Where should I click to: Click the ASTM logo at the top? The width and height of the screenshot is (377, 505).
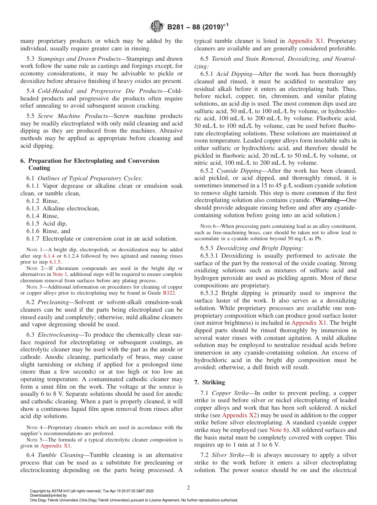156,27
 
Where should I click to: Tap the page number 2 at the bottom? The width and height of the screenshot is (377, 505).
188,488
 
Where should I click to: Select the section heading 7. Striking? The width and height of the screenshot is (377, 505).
210,382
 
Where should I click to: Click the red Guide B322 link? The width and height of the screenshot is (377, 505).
176,293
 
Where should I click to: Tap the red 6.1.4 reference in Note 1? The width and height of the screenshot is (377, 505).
49,256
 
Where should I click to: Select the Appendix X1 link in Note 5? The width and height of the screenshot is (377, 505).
56,446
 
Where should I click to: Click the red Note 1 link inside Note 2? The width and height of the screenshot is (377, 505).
60,274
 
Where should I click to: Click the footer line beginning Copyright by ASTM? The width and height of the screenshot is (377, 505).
92,491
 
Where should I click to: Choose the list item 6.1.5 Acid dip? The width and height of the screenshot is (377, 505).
47,224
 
